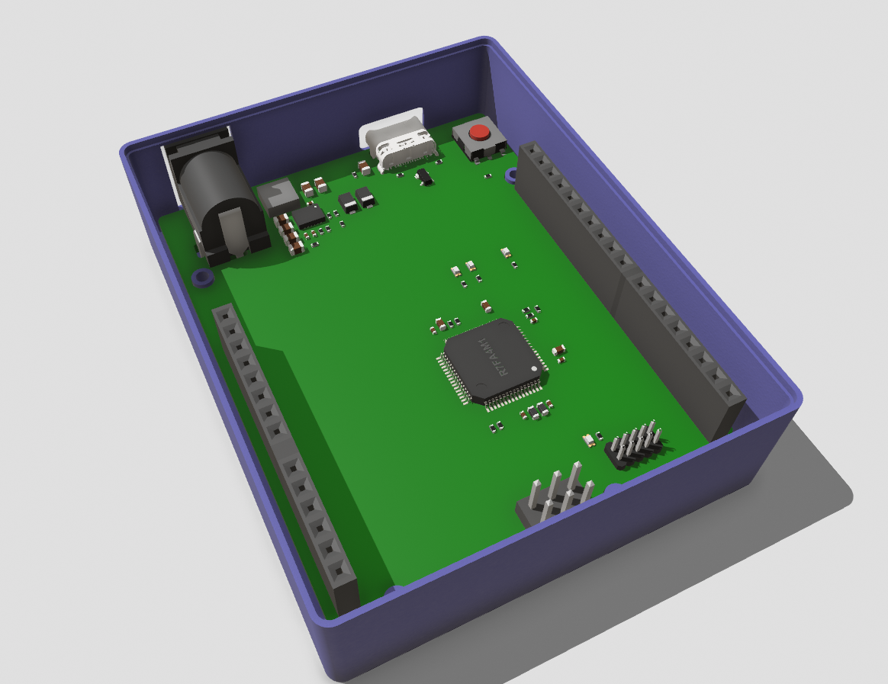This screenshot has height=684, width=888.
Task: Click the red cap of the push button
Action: tap(479, 131)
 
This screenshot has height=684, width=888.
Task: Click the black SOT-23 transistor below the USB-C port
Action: tap(422, 177)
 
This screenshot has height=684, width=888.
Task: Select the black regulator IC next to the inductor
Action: tap(309, 217)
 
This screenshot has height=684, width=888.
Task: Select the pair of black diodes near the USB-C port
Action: tap(356, 200)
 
